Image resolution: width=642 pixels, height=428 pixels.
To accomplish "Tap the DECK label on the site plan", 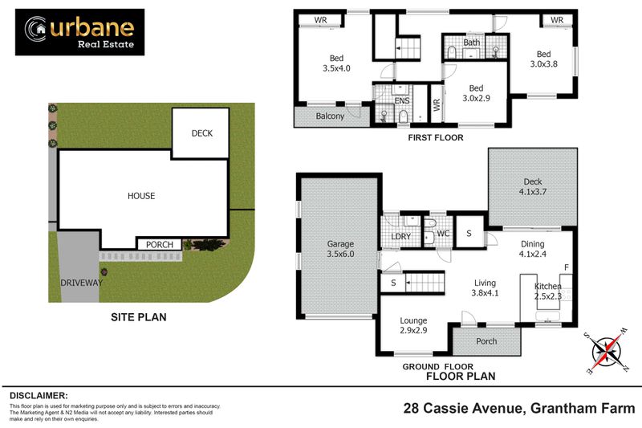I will coord(202,133).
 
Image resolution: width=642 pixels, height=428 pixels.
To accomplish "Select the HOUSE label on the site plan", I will coord(141,195).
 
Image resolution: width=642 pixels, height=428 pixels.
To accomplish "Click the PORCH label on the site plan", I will coord(159,245).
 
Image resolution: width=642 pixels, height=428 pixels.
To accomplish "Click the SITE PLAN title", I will coord(138,317).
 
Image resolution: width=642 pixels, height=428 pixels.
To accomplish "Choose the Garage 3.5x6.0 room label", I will coord(340,249).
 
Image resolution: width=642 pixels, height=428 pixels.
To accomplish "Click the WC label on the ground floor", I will coord(441,234).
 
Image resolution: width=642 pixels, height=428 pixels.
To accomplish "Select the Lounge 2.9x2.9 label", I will coord(413,325).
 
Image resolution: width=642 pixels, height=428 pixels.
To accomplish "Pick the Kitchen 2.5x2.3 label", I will coord(549,291).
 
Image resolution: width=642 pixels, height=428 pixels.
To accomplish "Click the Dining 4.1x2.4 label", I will coord(532,249).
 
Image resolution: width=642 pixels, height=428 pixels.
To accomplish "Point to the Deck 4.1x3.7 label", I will coord(533,186).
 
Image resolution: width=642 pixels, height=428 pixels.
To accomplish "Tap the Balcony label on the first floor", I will coord(329,116).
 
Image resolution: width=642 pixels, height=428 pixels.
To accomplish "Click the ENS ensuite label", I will coord(401,101).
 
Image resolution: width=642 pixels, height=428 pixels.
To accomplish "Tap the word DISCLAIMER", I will coord(39,396).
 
